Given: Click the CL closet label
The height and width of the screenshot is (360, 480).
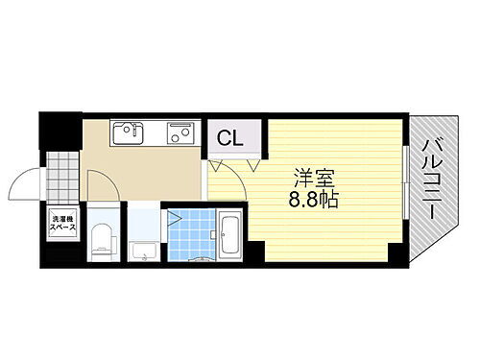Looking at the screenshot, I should [x=230, y=138].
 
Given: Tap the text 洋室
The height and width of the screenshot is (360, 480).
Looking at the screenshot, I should [x=314, y=180].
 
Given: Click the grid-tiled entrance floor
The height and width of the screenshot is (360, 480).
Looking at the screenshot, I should [x=61, y=174].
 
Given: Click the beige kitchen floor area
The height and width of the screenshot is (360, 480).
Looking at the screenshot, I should [x=144, y=173].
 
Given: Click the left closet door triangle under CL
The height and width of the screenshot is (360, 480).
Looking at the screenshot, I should [x=218, y=165].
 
